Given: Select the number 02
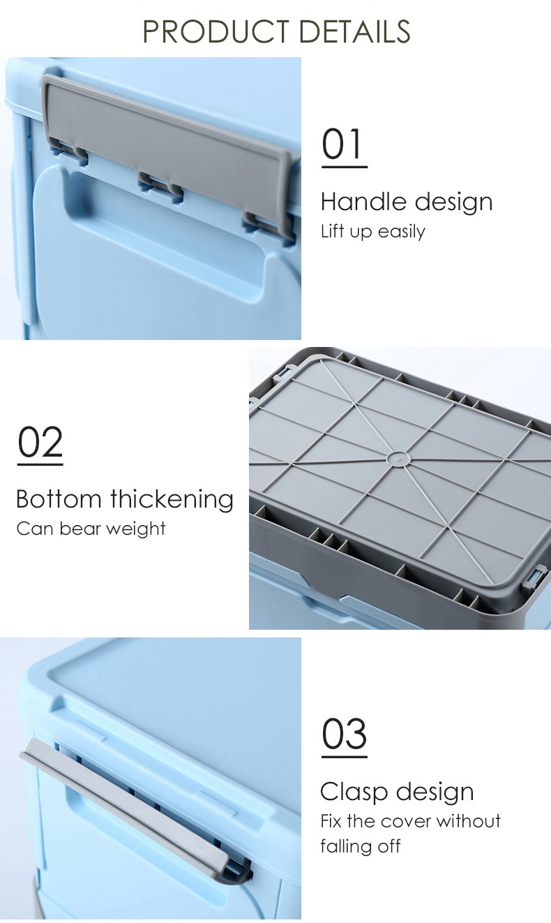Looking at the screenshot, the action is click(40, 441).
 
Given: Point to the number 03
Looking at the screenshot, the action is click(344, 734).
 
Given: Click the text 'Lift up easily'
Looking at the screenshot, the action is click(373, 231).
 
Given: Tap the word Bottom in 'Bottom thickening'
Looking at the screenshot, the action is click(59, 499).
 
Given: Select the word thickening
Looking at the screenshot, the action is click(172, 499).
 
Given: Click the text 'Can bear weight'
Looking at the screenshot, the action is click(91, 529).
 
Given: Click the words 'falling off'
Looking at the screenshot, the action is click(361, 847).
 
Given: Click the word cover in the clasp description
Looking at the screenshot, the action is click(406, 821).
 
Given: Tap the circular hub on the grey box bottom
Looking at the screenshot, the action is click(398, 459).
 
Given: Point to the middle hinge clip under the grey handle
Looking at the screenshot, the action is click(160, 186).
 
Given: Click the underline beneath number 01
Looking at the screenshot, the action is click(345, 167).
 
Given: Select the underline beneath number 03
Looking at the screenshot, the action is click(345, 757).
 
